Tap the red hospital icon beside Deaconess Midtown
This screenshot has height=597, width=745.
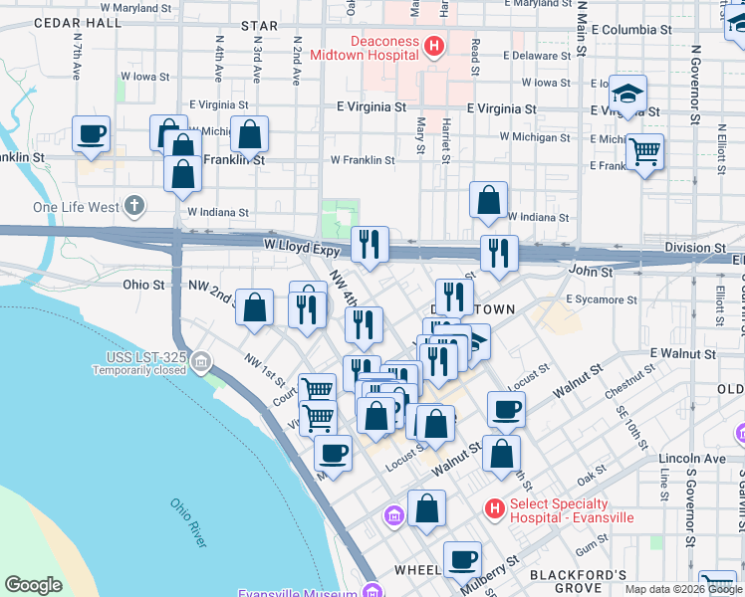[x=433, y=46]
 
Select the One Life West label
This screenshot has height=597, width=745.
[x=76, y=207]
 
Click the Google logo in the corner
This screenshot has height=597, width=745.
[x=33, y=585]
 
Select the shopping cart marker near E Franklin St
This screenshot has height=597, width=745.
[x=645, y=152]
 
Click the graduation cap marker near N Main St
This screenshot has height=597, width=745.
[x=627, y=95]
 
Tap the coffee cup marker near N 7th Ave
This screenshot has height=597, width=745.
[x=91, y=134]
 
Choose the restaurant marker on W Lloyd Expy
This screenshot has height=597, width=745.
[x=370, y=244]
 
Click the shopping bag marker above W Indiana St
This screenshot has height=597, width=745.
[x=488, y=200]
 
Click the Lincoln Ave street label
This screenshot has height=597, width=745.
[x=692, y=459]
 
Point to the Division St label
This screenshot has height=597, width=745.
[x=696, y=247]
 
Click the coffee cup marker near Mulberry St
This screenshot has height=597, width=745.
[x=461, y=559]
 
